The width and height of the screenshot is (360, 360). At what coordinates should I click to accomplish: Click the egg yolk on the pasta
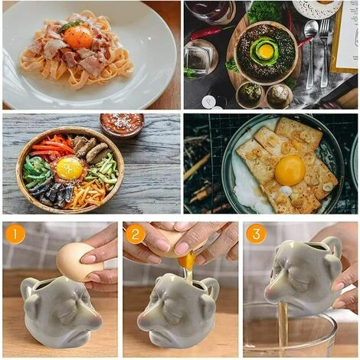coord(77,38)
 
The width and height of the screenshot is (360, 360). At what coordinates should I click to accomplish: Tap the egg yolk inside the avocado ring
coord(266,51)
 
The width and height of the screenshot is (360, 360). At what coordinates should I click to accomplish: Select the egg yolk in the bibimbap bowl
coord(70,169)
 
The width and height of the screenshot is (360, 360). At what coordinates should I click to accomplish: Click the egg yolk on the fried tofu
coord(290,170)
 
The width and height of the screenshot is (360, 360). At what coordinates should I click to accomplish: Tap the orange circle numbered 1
coord(15,234)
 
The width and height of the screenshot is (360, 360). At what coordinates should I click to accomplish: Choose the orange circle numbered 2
coord(136,234)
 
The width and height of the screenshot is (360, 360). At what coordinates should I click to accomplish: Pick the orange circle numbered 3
coord(256,234)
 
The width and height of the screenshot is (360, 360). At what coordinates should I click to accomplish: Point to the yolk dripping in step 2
coord(187,260)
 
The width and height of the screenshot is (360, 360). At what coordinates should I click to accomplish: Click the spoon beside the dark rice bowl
coord(311,51)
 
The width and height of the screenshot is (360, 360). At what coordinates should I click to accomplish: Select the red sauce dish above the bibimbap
coord(122,125)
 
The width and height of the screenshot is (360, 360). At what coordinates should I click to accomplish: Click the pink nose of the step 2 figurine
coord(144,319)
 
